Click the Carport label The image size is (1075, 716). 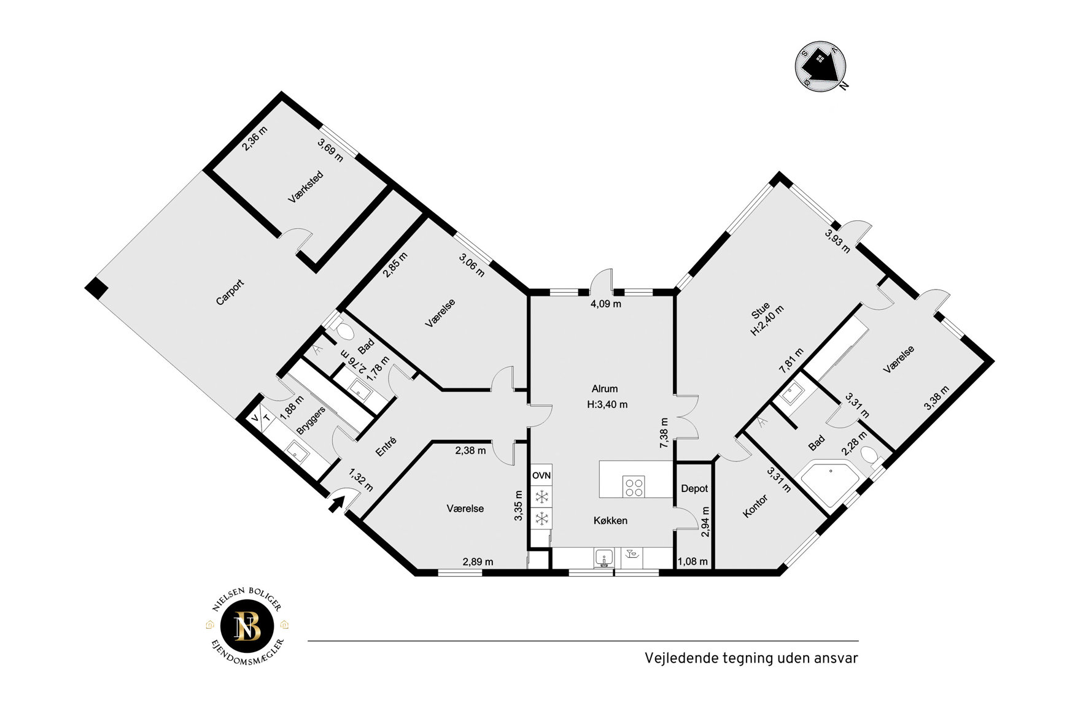point(230,293)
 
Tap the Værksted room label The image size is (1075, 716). point(306,187)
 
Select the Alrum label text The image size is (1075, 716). point(605,389)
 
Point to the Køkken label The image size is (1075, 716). point(610,521)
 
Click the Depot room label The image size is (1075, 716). point(694,489)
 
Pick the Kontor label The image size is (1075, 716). point(755,506)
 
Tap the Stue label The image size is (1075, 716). point(761,311)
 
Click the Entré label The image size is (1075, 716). point(386,447)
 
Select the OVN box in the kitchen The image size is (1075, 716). point(541,475)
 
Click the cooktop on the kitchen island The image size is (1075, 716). point(634,487)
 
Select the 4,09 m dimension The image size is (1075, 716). point(606,304)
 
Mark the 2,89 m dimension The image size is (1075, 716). point(478,562)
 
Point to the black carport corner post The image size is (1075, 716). point(96,288)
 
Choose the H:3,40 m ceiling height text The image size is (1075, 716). point(607,405)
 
